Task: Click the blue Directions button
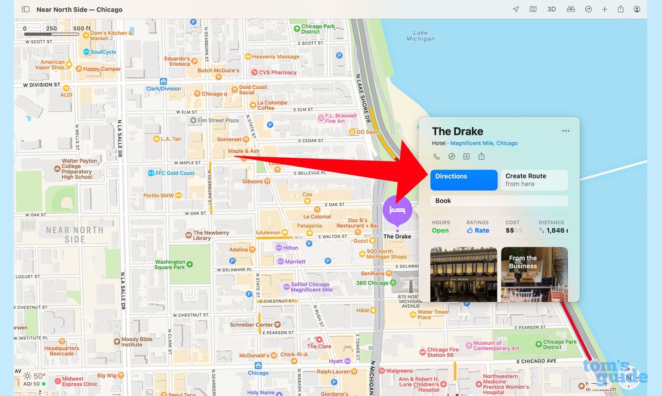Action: tap(463, 180)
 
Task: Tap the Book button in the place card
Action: tap(499, 201)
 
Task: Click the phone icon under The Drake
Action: tap(437, 157)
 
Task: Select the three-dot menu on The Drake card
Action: tap(565, 131)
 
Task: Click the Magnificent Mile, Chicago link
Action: tap(484, 143)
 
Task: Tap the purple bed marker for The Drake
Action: tap(397, 210)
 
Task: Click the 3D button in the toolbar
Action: tap(551, 9)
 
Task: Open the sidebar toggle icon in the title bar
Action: tap(25, 9)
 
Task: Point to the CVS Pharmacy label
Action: tap(277, 72)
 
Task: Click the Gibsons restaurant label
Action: tap(253, 181)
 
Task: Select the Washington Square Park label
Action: tap(170, 265)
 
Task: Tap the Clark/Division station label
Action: tap(163, 88)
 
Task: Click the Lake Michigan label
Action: tap(420, 36)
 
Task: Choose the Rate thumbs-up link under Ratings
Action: tap(478, 231)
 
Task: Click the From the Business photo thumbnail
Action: tap(534, 274)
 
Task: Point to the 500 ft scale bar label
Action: tap(82, 29)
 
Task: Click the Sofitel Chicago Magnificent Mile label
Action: tap(312, 287)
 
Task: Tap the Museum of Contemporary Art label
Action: tap(496, 345)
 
